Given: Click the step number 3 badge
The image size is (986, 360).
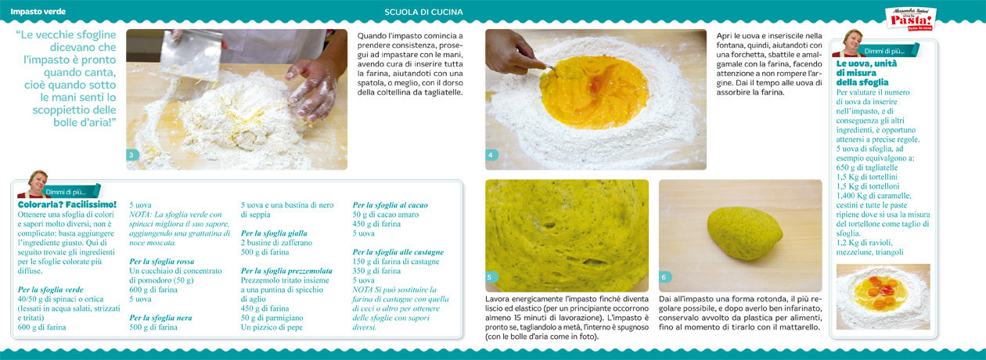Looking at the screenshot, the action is (131, 155).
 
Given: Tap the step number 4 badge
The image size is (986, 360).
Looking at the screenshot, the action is (491, 155).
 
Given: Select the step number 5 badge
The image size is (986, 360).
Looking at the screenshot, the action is (491, 277).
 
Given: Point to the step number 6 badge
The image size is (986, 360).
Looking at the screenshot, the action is (664, 277).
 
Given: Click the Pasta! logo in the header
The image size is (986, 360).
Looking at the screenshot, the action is (911, 20).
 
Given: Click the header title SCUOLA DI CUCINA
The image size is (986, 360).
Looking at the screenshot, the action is (423, 12).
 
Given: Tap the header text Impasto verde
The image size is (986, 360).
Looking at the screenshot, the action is (38, 12).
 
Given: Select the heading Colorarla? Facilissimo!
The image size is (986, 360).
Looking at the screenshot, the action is (67, 204).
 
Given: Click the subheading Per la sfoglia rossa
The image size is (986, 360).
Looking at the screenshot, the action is (161, 261).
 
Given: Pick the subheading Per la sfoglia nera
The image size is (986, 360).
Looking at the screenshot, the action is (160, 318).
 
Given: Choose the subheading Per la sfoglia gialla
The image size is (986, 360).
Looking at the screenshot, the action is (274, 233).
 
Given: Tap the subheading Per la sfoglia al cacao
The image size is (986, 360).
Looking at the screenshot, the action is (390, 205).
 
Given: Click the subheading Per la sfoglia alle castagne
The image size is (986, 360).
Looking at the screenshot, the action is (398, 252).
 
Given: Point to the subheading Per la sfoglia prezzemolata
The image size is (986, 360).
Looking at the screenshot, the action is (286, 271).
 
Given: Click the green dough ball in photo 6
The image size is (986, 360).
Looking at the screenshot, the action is (744, 232).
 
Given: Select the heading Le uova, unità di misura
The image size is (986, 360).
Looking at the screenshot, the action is (866, 73).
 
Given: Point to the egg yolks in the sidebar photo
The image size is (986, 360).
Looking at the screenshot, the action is (880, 291).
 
